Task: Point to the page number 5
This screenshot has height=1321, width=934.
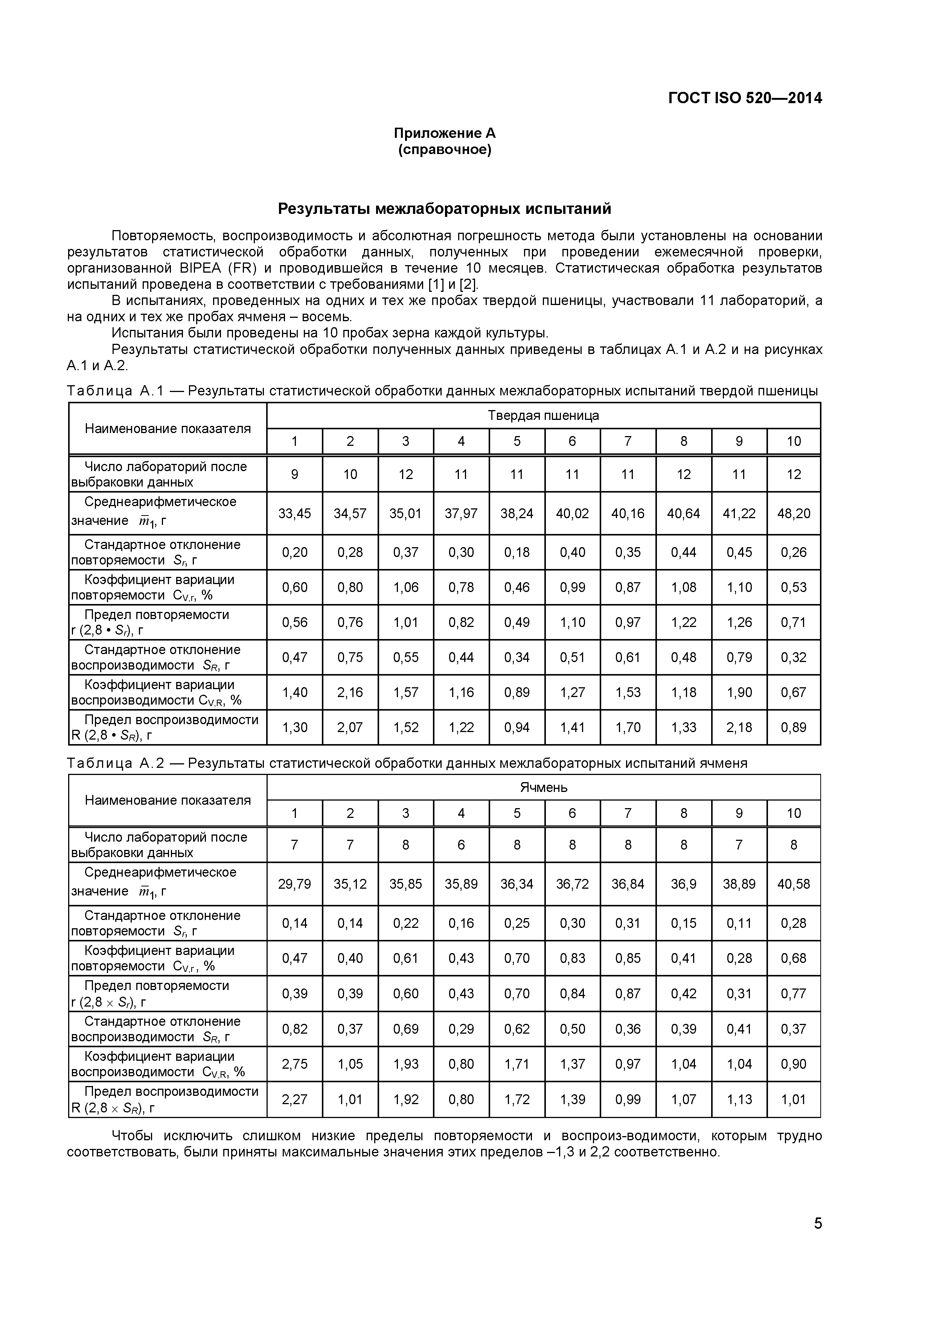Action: coord(817,1240)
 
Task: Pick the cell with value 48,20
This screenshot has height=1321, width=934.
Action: coord(793,513)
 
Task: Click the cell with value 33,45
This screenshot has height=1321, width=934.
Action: coord(294,513)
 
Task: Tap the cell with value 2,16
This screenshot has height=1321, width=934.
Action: coord(350,692)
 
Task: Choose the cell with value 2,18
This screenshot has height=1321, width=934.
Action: coord(739,727)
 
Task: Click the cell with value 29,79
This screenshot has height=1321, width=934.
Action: coord(294,884)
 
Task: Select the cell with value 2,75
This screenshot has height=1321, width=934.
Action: coord(294,1064)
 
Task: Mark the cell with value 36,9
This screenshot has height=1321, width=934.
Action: coord(683,884)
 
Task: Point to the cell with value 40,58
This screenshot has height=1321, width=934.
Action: coord(793,884)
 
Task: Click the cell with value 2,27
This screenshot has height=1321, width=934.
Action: coord(294,1100)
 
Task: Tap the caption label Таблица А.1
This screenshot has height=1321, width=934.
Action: coord(116,391)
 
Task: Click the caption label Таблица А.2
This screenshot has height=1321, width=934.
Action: coord(116,763)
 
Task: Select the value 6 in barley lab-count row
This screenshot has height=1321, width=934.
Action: coord(461,845)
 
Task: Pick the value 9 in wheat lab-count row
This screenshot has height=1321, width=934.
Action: coord(294,474)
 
